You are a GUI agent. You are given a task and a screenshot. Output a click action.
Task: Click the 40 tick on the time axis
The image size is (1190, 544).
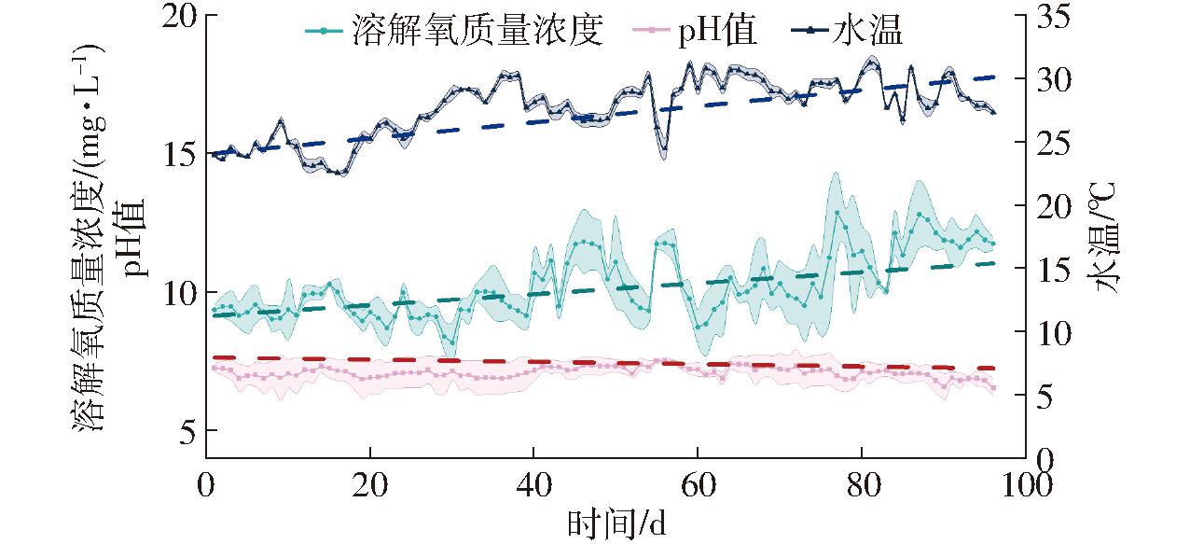click(x=533, y=485)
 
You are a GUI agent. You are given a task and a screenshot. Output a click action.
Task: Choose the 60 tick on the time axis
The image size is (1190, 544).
click(x=697, y=485)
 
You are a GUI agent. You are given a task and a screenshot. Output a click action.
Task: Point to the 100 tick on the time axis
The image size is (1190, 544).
click(x=1025, y=485)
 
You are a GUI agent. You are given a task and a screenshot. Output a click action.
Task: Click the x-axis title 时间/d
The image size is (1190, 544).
click(x=616, y=524)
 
